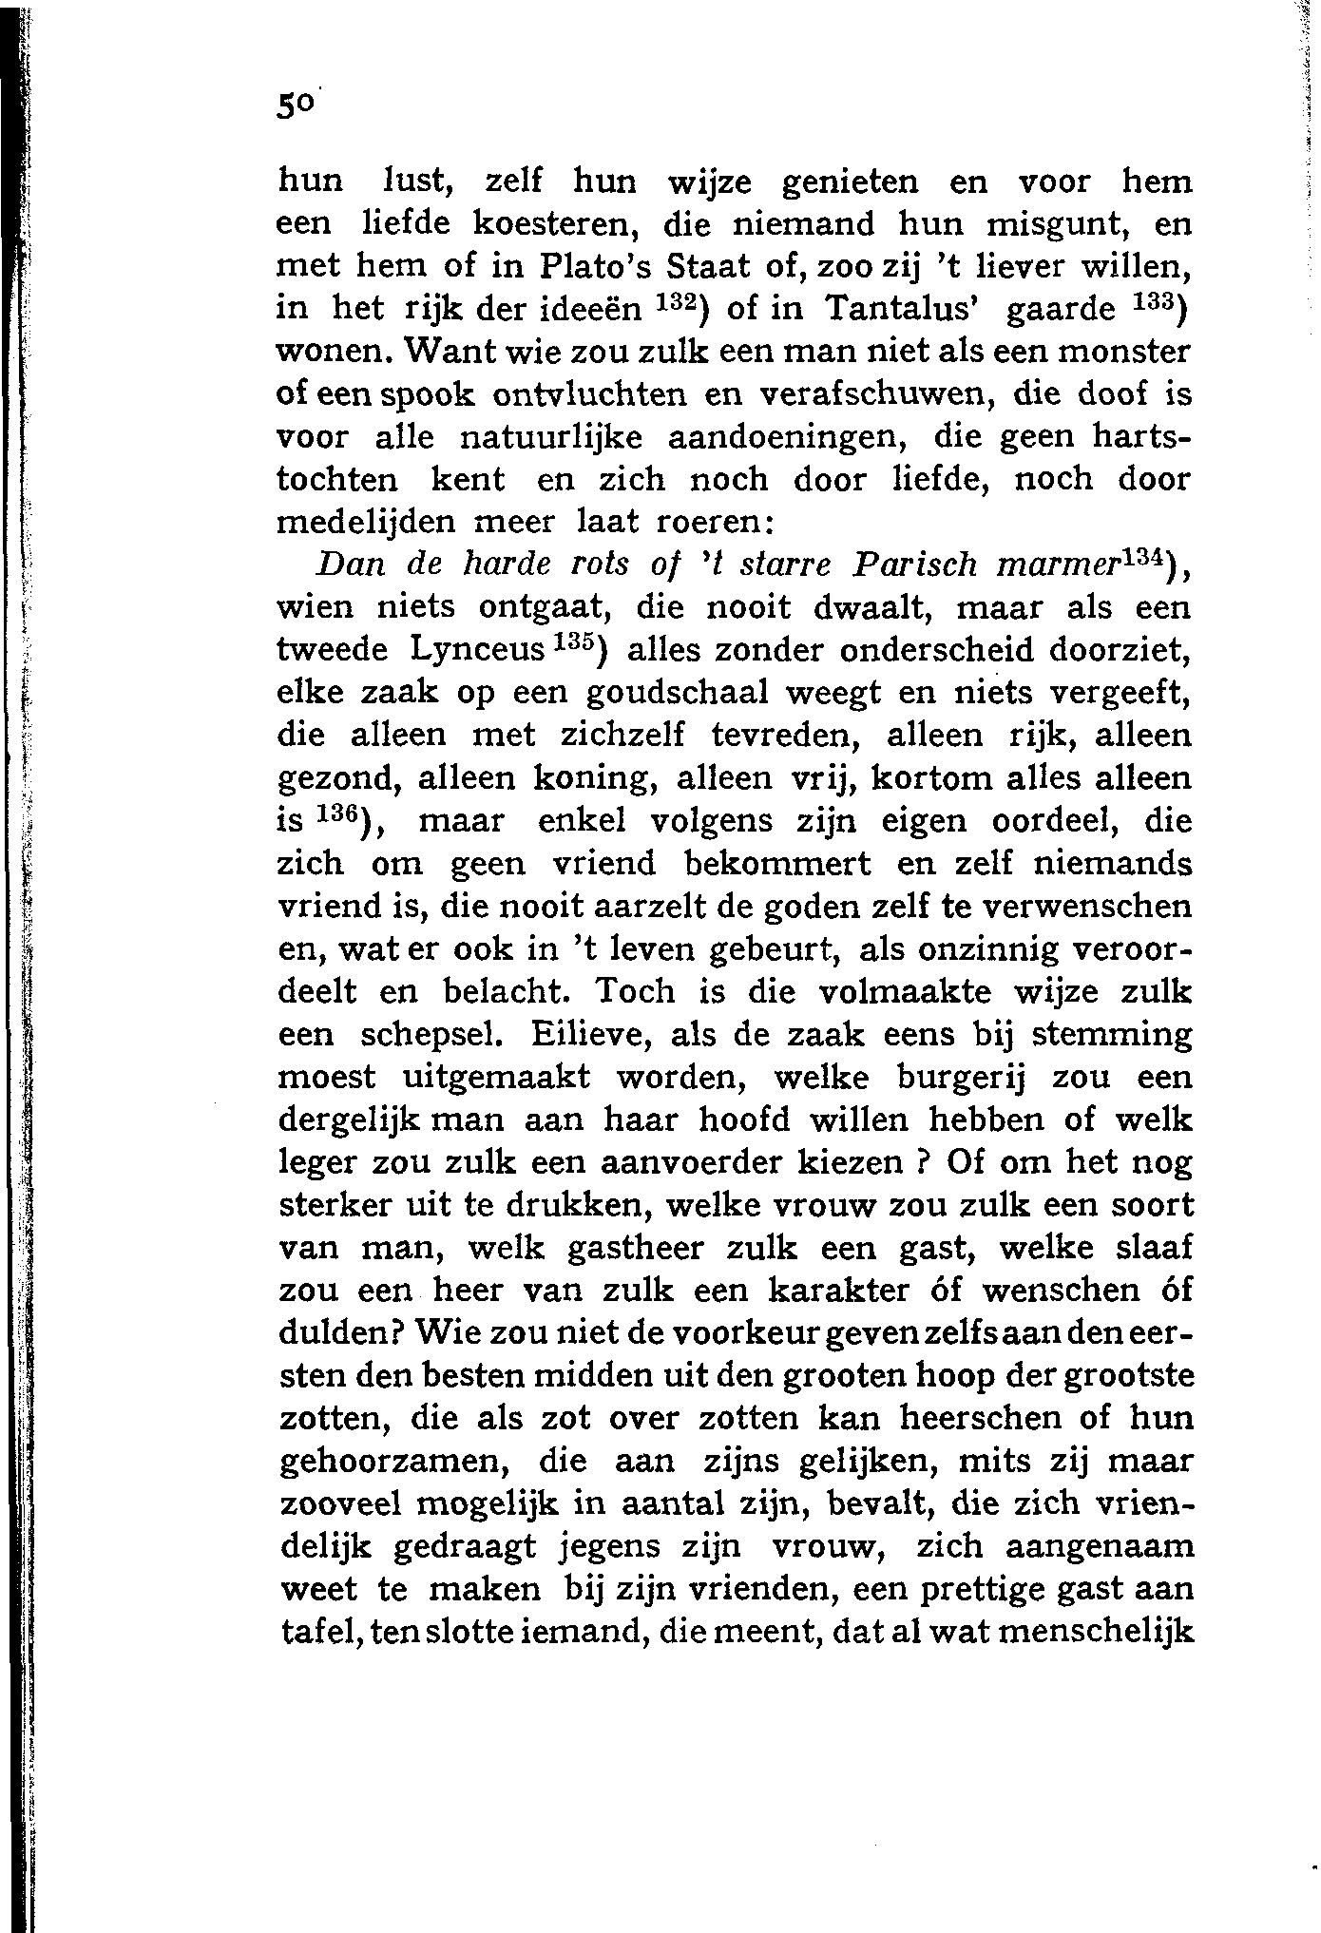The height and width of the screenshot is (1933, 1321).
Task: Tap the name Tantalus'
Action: coord(905,310)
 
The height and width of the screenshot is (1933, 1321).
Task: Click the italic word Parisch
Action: coord(914,565)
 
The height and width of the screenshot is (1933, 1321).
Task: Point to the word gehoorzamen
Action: coord(396,1463)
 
